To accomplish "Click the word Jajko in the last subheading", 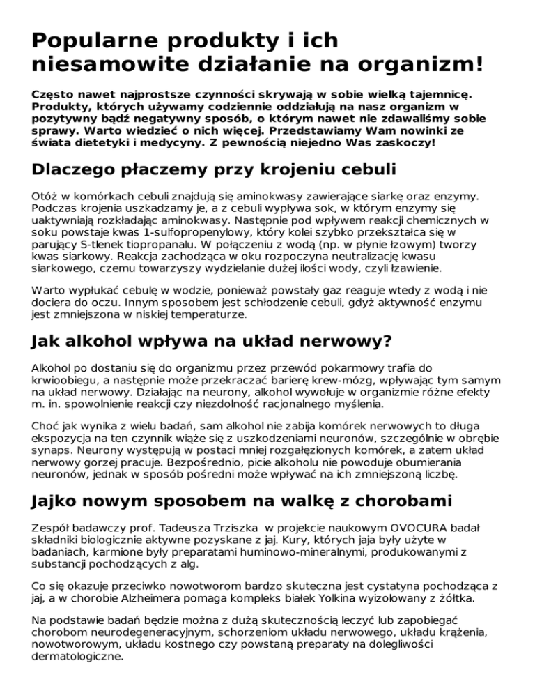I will coord(58,503).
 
